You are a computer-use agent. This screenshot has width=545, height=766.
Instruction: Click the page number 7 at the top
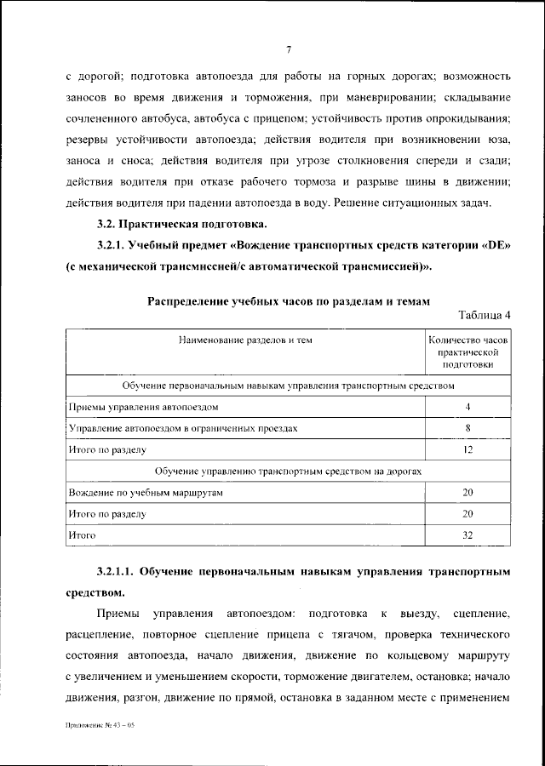[x=289, y=49]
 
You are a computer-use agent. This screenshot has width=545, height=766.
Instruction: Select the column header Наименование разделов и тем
[x=245, y=340]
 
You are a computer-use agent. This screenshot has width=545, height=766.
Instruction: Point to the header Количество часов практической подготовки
[x=468, y=352]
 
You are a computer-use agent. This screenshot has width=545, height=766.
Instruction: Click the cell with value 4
[x=468, y=406]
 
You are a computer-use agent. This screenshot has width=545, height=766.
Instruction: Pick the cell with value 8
[x=468, y=427]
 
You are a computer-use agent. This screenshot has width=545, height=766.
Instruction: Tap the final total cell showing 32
[x=468, y=535]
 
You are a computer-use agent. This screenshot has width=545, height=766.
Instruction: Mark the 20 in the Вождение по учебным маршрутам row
[x=468, y=492]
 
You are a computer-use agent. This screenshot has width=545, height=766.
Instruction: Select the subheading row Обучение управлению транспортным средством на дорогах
[x=289, y=471]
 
